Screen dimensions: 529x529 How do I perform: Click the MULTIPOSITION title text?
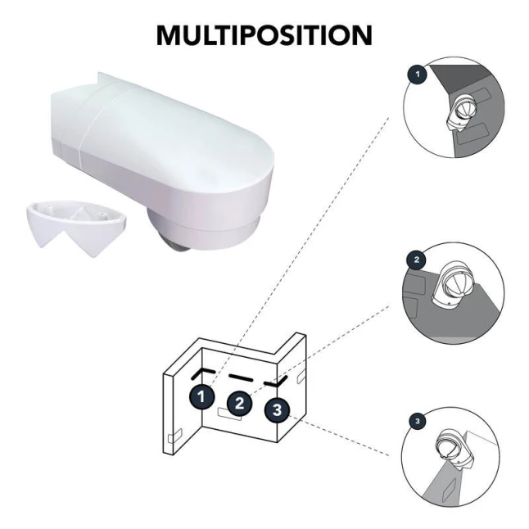(x=264, y=35)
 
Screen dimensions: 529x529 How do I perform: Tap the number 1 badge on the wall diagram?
(x=201, y=396)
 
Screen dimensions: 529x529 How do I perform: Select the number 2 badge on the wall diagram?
(x=240, y=404)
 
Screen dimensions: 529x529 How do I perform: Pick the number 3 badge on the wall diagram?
(x=277, y=410)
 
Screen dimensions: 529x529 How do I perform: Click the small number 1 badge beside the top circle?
(x=418, y=74)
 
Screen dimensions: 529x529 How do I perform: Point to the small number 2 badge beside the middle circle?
(x=417, y=260)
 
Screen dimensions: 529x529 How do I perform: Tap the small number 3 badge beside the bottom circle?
(x=418, y=422)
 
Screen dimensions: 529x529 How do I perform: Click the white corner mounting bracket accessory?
(x=76, y=228)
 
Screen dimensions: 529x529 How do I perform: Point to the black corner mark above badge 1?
(x=203, y=373)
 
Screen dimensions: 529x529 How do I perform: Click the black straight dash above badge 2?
(x=241, y=378)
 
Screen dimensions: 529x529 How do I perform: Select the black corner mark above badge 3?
(x=276, y=382)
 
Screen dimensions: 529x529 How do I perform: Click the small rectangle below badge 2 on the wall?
(x=230, y=414)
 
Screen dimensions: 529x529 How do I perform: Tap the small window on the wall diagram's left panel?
(x=175, y=435)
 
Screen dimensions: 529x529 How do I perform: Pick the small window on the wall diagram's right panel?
(x=301, y=376)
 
